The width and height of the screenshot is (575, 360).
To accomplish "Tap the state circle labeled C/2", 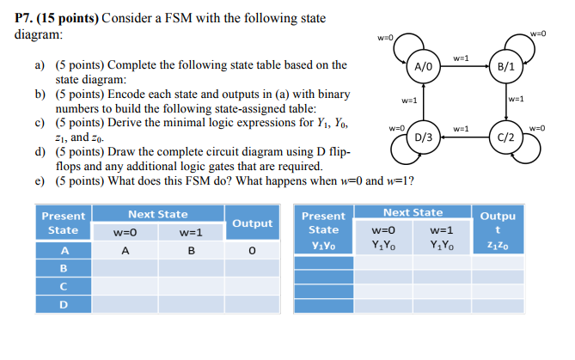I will pos(506,137).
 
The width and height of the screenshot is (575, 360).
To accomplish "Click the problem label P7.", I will pos(26,18).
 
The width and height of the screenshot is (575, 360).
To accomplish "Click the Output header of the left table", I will pos(252,223).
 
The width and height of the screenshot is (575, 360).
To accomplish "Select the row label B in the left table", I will pos(63,267).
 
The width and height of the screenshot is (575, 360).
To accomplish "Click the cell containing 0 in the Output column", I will pos(252,251).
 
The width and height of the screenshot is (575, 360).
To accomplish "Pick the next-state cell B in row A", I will pos(191,251).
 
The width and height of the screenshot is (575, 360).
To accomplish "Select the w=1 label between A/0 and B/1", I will pos(461,58).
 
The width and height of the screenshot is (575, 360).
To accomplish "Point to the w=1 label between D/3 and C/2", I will pos(461,129).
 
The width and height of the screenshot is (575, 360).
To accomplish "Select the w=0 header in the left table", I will pos(125,233).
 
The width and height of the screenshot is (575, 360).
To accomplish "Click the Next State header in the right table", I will pos(413,212).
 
